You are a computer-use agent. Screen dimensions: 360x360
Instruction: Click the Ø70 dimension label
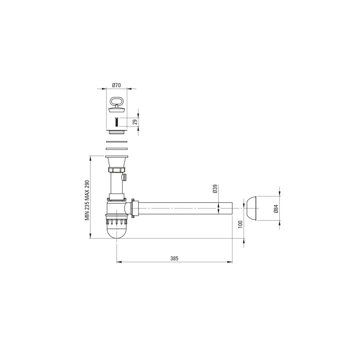(x=116, y=85)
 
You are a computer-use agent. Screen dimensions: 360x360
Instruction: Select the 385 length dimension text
(x=174, y=258)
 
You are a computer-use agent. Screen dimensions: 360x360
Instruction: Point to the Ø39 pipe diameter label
(x=215, y=189)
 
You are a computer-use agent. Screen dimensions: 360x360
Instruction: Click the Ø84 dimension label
(x=276, y=209)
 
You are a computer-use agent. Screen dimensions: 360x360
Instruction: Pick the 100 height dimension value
(x=240, y=224)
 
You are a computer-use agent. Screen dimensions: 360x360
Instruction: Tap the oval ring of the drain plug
(x=116, y=101)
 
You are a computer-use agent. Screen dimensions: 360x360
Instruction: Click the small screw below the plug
(x=116, y=122)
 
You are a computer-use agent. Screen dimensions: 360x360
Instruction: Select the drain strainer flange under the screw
(x=117, y=132)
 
